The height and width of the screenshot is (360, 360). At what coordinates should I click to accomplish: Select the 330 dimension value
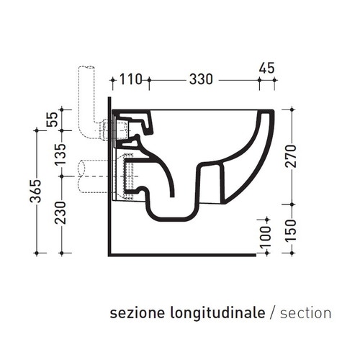tap(201, 80)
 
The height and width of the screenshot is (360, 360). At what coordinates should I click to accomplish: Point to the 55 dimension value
tap(51, 119)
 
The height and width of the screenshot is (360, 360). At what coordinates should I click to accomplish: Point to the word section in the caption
tap(305, 313)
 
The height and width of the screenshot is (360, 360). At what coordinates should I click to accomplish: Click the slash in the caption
tap(271, 313)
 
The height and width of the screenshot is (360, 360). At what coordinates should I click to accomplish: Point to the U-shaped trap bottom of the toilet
tap(173, 216)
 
